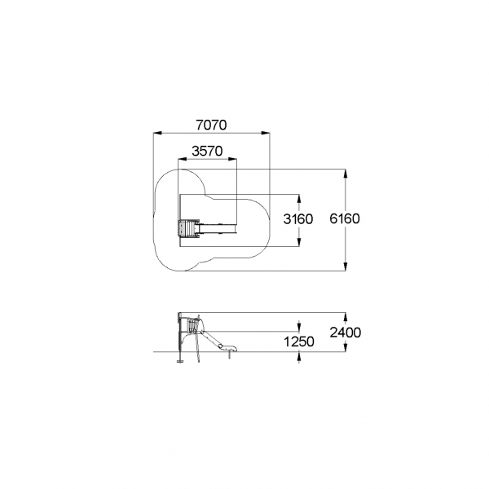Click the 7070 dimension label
point(211,125)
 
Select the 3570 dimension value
point(207,152)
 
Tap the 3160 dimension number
point(297,219)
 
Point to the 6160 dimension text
point(345,218)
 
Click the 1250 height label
point(299,341)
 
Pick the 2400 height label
point(346,333)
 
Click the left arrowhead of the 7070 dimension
point(157,133)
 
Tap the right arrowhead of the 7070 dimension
point(266,133)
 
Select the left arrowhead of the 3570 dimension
point(182,159)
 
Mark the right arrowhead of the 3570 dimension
point(232,159)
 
